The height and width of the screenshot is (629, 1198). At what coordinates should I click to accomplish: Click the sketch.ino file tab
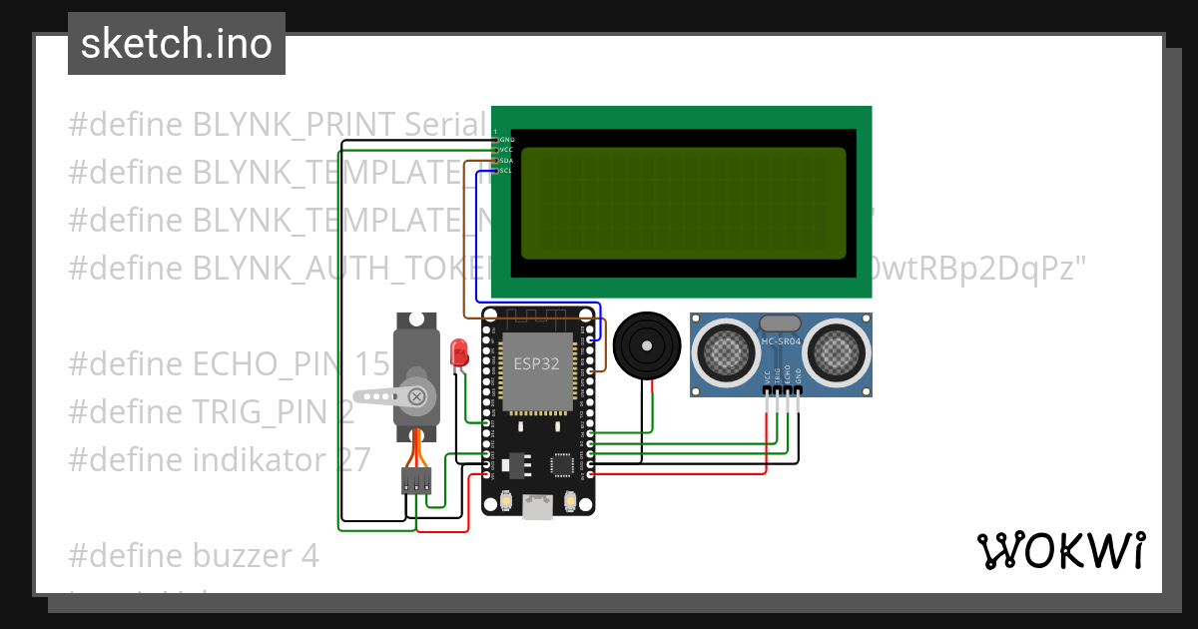(176, 44)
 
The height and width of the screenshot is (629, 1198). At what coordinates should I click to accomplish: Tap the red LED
(459, 352)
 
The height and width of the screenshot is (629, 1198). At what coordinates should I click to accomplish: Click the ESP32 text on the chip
(536, 363)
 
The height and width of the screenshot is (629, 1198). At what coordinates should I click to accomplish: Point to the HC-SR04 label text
(782, 342)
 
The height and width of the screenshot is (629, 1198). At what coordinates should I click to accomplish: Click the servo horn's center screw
(417, 397)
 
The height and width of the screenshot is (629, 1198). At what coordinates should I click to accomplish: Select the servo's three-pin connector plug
(416, 481)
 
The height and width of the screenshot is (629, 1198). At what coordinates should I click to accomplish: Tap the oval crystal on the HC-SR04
(780, 322)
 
